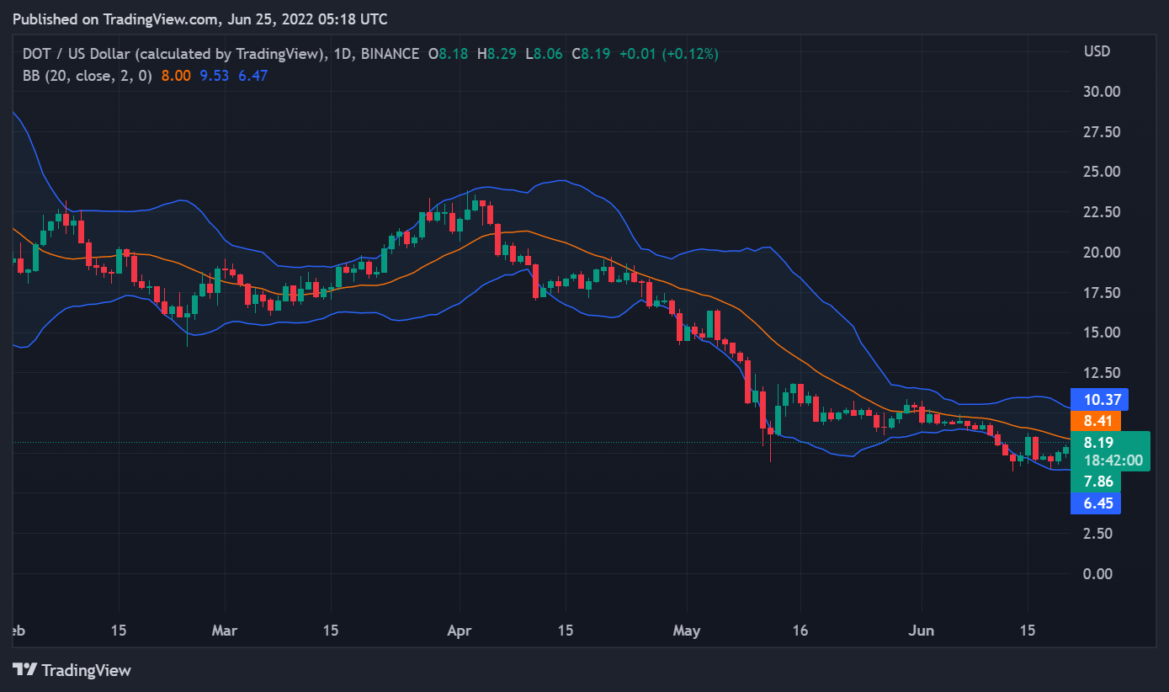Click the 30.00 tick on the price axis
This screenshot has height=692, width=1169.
point(1103,91)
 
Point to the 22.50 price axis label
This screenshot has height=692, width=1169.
point(1103,212)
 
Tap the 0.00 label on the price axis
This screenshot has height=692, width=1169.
point(1099,573)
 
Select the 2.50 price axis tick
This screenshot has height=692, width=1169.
point(1099,533)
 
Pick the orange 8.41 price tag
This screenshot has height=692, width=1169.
point(1097,421)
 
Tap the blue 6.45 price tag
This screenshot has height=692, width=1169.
point(1097,503)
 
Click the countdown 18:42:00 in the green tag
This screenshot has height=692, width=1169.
point(1113,460)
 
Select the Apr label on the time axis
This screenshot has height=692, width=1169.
point(460,630)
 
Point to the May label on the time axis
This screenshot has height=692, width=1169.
point(687,630)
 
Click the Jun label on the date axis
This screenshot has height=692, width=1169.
point(922,630)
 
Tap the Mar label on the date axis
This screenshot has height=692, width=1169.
point(225,630)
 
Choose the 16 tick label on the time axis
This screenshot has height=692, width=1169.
point(800,630)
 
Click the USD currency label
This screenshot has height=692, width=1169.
point(1097,51)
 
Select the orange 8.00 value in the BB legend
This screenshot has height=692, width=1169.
point(176,75)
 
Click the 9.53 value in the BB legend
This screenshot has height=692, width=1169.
point(215,75)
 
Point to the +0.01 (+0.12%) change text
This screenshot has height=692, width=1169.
point(668,54)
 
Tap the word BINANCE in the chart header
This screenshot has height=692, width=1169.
point(389,54)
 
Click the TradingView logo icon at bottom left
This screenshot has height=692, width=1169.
point(25,670)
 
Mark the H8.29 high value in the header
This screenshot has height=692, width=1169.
point(496,54)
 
